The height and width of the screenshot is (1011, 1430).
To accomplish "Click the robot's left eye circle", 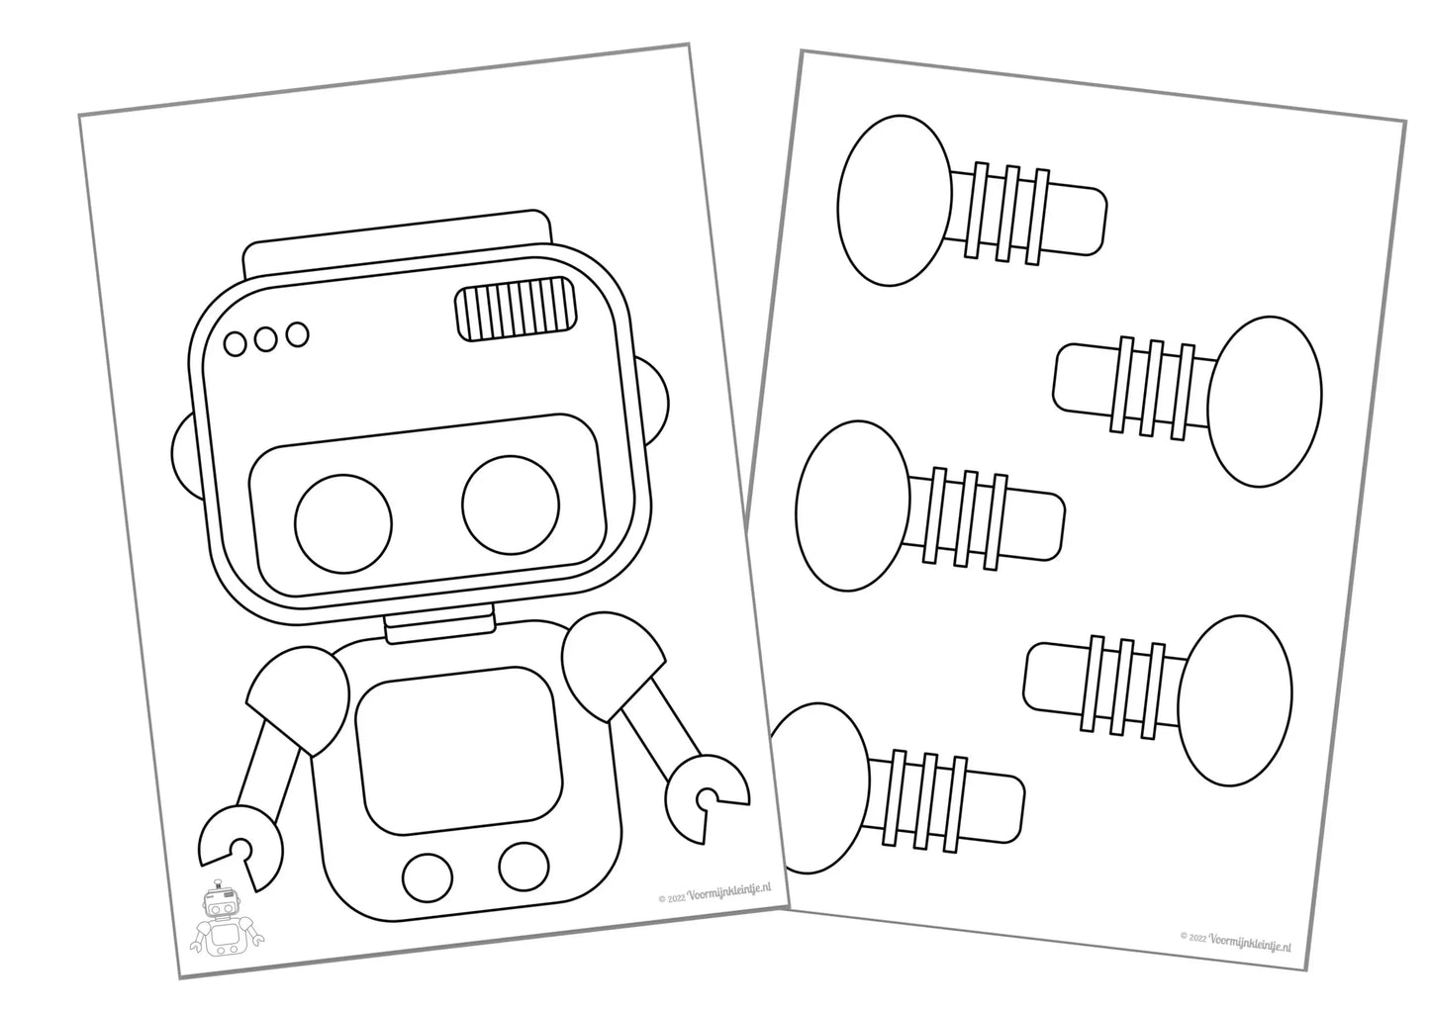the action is (343, 523).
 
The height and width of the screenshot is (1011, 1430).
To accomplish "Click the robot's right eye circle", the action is (511, 505).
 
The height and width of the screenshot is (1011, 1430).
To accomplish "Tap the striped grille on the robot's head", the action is (515, 309).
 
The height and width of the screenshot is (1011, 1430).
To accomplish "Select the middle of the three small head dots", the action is (265, 338).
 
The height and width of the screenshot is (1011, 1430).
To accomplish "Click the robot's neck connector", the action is (439, 624).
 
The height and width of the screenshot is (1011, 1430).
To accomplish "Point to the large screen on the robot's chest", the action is (459, 751).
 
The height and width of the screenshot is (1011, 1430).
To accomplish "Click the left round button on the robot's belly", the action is (428, 877).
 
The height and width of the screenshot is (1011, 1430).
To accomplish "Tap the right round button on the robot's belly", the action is (524, 867).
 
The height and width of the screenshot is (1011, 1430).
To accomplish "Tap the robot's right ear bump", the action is (655, 402).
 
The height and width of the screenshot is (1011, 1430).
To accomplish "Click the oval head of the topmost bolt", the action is (894, 201).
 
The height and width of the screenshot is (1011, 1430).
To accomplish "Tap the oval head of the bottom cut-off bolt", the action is (820, 787).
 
